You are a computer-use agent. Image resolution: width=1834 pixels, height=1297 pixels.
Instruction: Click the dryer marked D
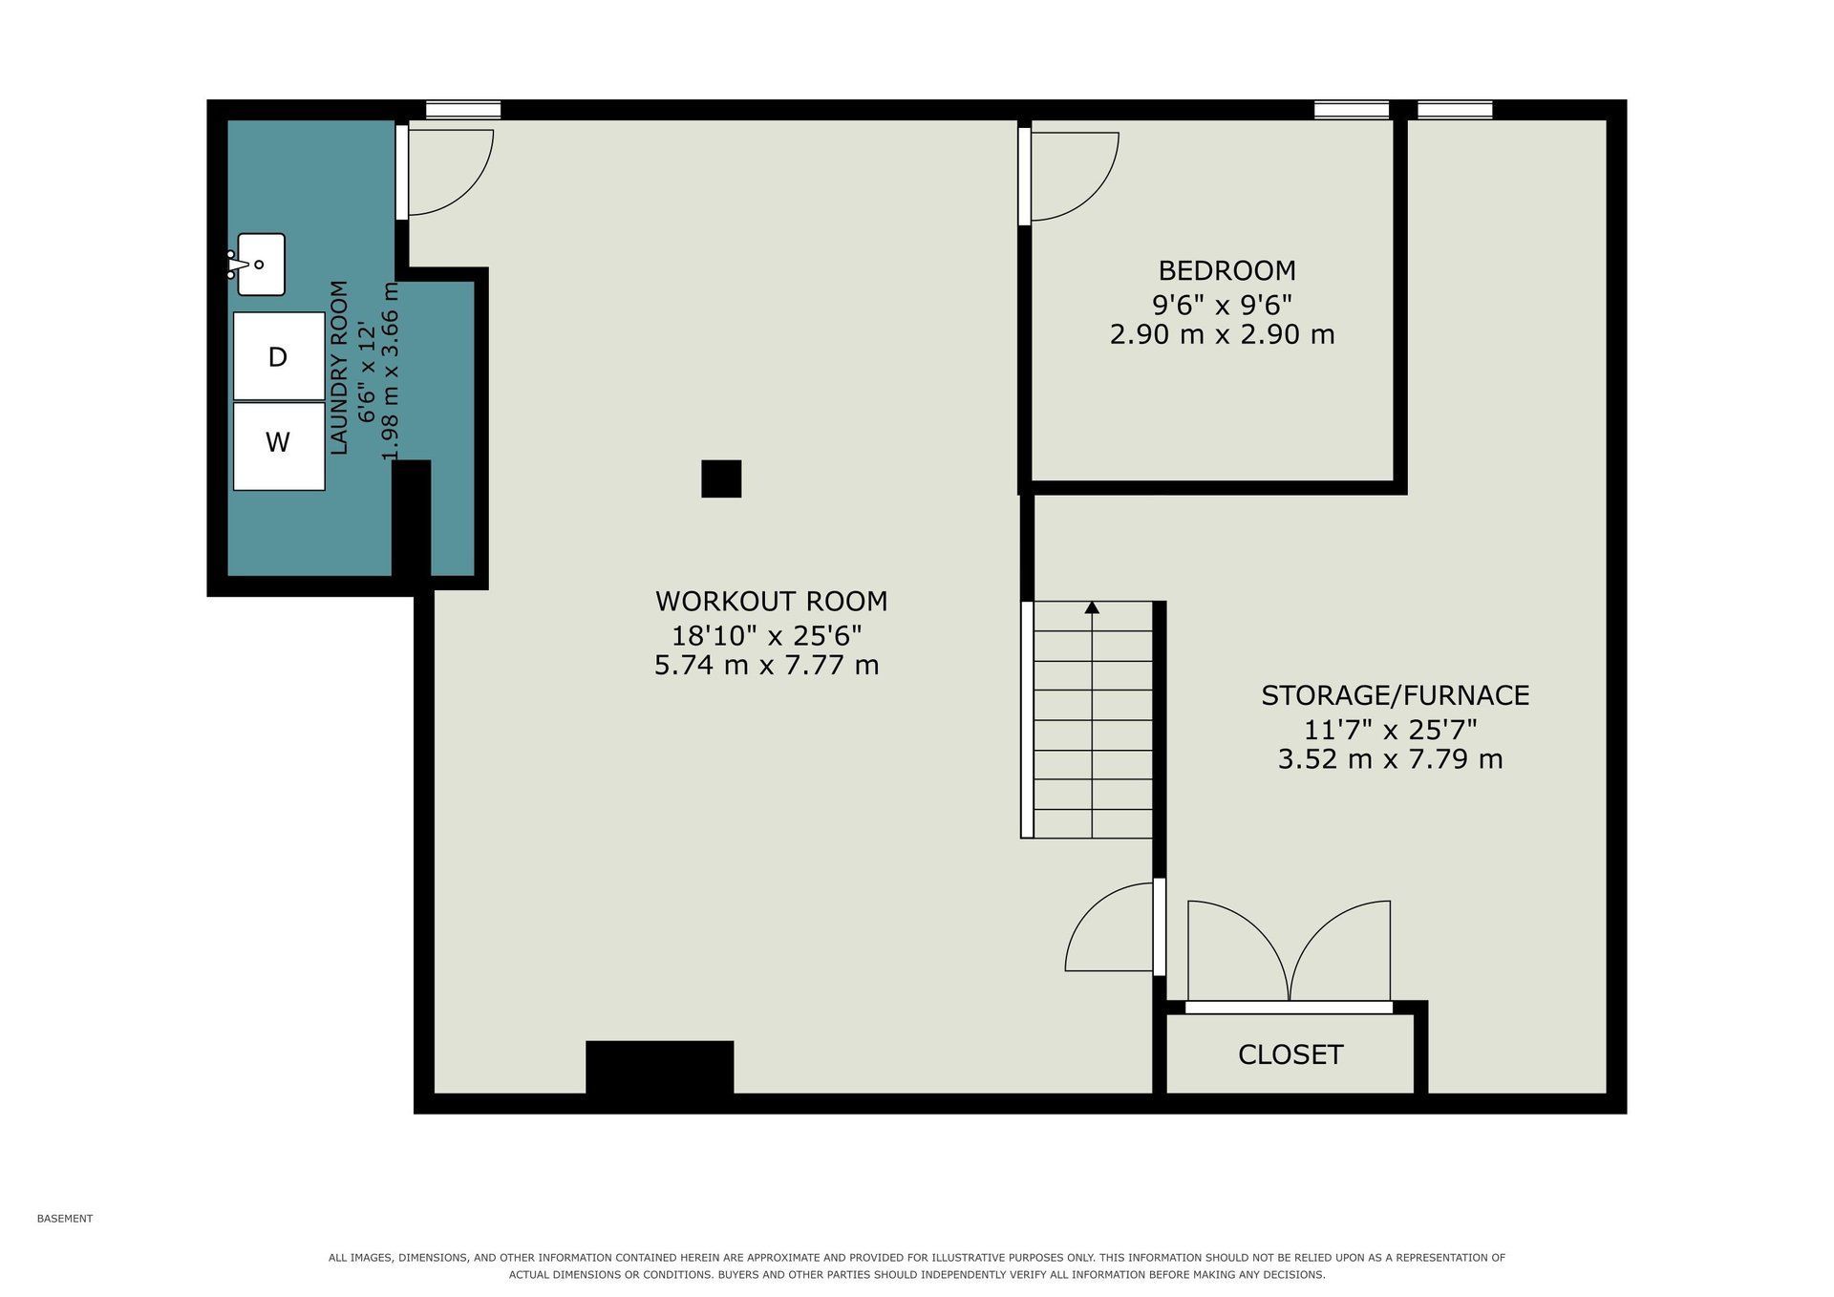[279, 356]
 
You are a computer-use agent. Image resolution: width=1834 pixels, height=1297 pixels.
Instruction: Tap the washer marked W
[279, 446]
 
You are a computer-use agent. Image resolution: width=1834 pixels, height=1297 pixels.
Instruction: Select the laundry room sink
[257, 264]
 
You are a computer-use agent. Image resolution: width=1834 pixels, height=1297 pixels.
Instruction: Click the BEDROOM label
[1226, 270]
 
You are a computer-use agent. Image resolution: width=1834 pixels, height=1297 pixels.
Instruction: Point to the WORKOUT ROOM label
[771, 602]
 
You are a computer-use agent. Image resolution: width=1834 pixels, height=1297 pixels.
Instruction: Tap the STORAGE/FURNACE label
[1395, 695]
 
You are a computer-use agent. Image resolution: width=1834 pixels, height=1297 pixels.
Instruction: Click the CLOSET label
[1290, 1054]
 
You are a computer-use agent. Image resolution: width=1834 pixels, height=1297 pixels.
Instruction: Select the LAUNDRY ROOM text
[339, 368]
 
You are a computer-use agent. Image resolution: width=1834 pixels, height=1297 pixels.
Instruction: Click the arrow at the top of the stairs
[1092, 607]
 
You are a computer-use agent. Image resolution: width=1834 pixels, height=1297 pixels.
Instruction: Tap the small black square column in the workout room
[721, 478]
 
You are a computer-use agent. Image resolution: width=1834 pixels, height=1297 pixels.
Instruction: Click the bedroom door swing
[1075, 177]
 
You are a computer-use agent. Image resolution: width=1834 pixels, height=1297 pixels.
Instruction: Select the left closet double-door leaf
[1238, 950]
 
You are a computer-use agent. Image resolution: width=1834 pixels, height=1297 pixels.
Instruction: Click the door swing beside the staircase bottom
[1110, 927]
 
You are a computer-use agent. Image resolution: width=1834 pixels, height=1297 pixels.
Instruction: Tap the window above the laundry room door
[463, 110]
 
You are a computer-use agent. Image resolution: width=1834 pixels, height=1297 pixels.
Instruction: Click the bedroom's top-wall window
[1352, 110]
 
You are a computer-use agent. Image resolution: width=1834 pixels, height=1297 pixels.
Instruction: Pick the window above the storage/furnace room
[1455, 110]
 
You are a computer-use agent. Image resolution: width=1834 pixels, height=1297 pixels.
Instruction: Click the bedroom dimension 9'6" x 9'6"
[1222, 305]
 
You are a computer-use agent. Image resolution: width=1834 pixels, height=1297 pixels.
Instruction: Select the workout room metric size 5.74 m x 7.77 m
[766, 666]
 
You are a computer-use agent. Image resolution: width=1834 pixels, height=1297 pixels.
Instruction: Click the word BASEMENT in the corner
[65, 1219]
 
